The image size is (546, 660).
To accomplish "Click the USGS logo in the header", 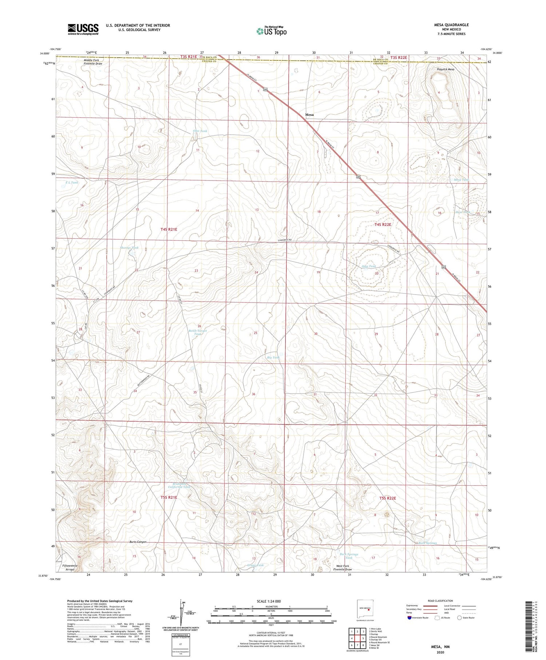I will tap(83, 29).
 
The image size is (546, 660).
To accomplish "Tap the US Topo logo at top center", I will tap(272, 31).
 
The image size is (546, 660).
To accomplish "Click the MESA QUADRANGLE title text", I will tap(451, 25).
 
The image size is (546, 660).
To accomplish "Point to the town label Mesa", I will tap(309, 115).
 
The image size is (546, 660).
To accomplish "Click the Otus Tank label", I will tap(200, 131).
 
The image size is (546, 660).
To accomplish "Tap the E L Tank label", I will tap(72, 183).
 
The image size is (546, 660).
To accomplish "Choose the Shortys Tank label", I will tap(129, 248).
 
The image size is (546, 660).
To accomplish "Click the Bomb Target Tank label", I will tap(198, 332).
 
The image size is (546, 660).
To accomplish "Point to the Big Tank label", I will tap(273, 357).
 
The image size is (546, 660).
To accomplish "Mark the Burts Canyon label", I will tap(138, 542).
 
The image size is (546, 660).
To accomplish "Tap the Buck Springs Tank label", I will tap(349, 556).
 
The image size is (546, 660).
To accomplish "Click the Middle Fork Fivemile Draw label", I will tap(91, 62).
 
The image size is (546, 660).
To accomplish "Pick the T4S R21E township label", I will tap(169, 229).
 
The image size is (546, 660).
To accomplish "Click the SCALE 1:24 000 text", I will tap(269, 601).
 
